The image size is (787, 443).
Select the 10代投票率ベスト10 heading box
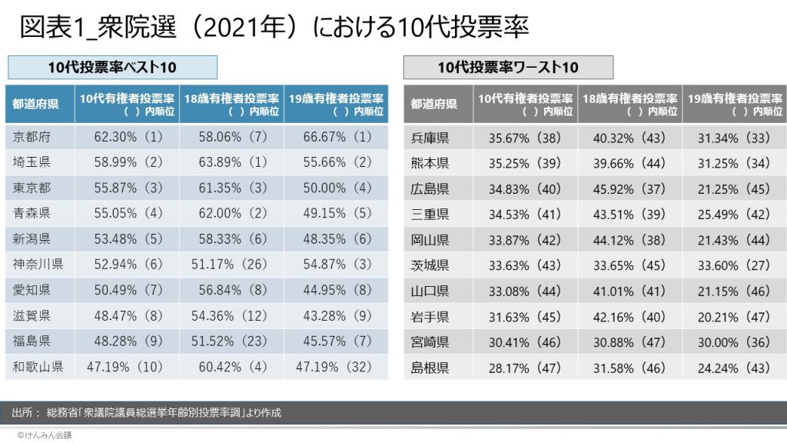click(x=112, y=68)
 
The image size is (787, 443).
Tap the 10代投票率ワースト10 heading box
click(x=508, y=68)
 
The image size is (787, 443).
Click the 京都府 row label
click(x=33, y=138)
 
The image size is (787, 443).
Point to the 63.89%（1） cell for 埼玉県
click(x=231, y=163)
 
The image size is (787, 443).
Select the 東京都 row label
click(x=33, y=188)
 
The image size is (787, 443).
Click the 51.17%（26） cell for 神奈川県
click(x=231, y=265)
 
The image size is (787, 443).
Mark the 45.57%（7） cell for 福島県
click(x=335, y=341)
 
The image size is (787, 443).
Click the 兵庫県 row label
click(x=430, y=138)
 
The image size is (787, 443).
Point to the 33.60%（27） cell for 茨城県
click(x=733, y=265)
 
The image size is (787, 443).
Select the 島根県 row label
click(x=430, y=367)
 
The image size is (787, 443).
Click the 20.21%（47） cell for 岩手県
click(x=733, y=316)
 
